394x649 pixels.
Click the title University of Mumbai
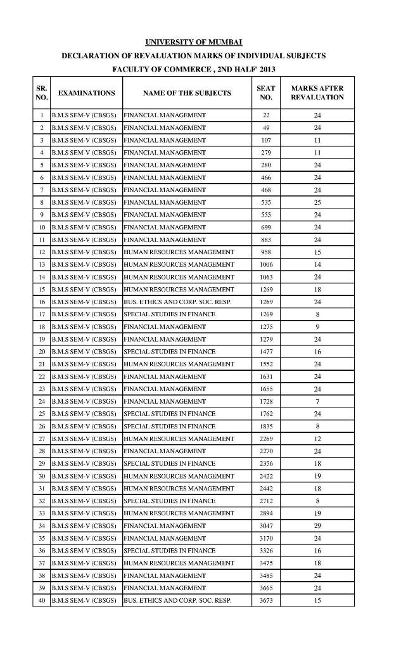coord(194,42)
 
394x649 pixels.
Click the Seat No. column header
coord(265,93)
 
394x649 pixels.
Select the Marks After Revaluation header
coord(317,93)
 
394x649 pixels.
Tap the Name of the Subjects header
coord(187,93)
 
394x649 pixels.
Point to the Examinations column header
coord(86,93)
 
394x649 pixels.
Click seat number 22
coord(266,115)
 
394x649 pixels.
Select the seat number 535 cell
coord(266,202)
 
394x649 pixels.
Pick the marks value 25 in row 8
coord(317,202)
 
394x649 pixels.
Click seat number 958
coord(266,252)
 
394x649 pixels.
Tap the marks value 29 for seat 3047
coord(317,525)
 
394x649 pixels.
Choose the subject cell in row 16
coord(177,302)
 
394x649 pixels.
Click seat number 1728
coord(266,401)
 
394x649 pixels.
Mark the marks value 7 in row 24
coord(317,401)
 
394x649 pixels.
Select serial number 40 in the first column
coord(41,600)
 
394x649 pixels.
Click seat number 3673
coord(266,600)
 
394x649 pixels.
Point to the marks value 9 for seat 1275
coord(317,326)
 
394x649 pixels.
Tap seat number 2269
coord(266,439)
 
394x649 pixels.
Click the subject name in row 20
coord(169,351)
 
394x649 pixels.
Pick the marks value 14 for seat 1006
coord(317,264)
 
